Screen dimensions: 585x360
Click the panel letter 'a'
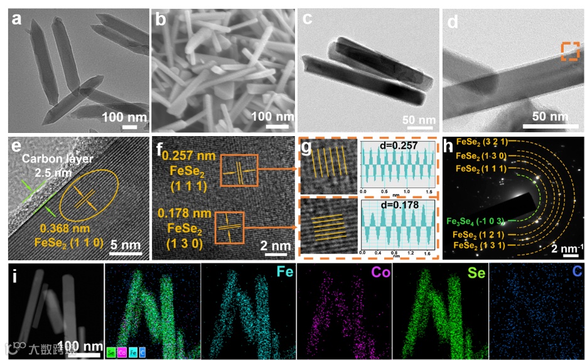(x=16, y=20)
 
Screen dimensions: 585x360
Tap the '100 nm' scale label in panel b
(x=272, y=117)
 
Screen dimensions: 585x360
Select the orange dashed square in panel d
(x=569, y=51)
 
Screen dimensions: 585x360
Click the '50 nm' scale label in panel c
(x=419, y=120)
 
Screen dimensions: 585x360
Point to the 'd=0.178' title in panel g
(x=396, y=204)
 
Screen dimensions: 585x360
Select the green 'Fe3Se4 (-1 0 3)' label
(x=477, y=221)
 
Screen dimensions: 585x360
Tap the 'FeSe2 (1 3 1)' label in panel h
(x=478, y=245)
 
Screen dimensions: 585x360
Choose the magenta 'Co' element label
(x=374, y=274)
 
